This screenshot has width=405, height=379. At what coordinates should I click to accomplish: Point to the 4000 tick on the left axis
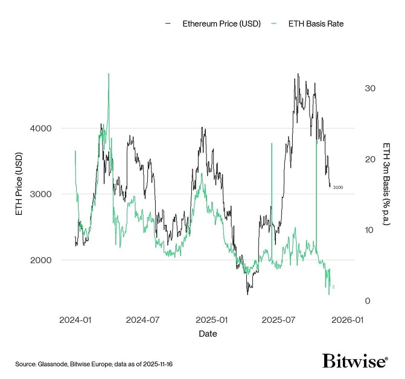coord(40,128)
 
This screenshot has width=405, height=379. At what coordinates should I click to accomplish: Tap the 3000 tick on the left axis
coord(40,194)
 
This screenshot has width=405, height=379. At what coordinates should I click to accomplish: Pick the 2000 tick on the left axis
coord(40,260)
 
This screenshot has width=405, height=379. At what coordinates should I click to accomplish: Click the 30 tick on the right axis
coord(370,88)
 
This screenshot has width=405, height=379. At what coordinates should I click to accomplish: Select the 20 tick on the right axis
coord(370,159)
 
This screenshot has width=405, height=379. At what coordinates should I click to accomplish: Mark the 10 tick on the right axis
coord(370,230)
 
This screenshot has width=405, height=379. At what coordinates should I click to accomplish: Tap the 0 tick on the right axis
coord(367,301)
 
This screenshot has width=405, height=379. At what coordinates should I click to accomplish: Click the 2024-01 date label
coord(76,319)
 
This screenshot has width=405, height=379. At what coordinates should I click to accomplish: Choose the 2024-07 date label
coord(142,319)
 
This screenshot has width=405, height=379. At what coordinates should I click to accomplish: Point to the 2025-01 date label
coord(210,319)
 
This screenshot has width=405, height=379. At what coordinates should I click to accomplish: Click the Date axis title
coord(208,333)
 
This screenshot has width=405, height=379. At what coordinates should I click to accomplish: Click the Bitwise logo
coord(355,361)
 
